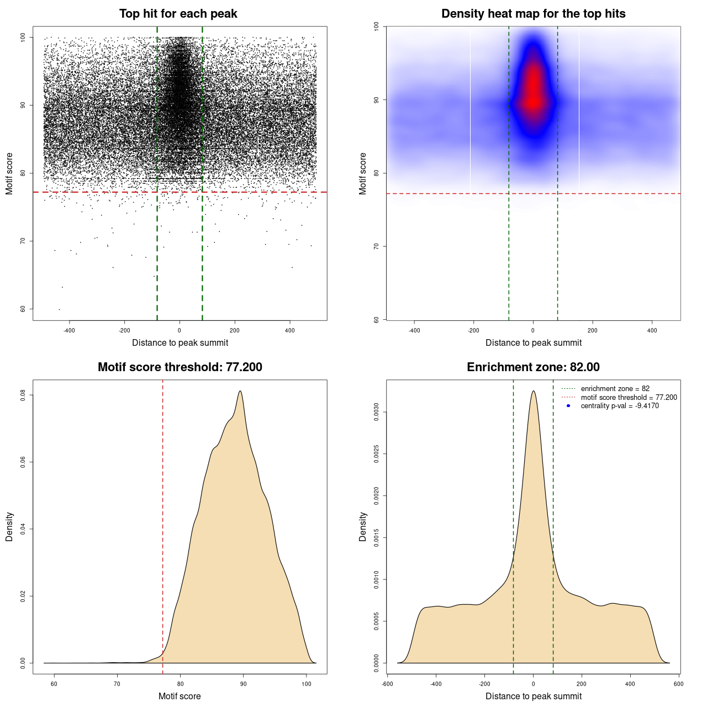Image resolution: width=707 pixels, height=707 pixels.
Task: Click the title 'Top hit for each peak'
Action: [x=178, y=14]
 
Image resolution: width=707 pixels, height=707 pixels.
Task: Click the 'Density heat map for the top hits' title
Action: [x=533, y=14]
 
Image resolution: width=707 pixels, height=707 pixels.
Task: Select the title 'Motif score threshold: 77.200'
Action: [x=180, y=367]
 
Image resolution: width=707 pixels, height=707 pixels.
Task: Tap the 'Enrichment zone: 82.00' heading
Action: [x=533, y=367]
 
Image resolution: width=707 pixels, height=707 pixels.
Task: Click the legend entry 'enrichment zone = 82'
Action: [x=615, y=389]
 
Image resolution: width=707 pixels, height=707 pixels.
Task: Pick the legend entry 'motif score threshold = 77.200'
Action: [x=629, y=398]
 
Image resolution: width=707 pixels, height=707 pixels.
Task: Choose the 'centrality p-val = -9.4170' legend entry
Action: [x=620, y=406]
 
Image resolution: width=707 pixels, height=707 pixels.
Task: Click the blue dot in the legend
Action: [x=568, y=406]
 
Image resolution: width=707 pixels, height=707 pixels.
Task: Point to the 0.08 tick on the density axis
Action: [x=23, y=395]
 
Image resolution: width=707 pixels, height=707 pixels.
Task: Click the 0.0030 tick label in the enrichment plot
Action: [x=376, y=412]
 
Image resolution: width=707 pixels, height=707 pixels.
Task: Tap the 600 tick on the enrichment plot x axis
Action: [x=679, y=684]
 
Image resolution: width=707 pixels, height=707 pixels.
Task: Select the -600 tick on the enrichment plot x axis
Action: [x=387, y=684]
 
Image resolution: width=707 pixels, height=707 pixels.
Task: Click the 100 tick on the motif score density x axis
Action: [x=307, y=684]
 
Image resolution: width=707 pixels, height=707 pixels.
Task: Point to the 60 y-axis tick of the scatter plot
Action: [x=23, y=309]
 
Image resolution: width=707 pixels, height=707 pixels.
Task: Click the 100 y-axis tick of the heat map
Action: [x=376, y=26]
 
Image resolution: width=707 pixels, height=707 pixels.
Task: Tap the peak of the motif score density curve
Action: [x=240, y=391]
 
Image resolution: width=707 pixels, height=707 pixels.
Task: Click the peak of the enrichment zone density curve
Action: [x=533, y=391]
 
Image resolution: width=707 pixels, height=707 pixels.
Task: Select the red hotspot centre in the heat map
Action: [x=533, y=99]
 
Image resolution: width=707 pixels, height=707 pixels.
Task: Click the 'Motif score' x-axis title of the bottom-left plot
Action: [x=180, y=696]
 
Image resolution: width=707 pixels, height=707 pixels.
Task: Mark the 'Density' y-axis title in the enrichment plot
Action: [x=363, y=526]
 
